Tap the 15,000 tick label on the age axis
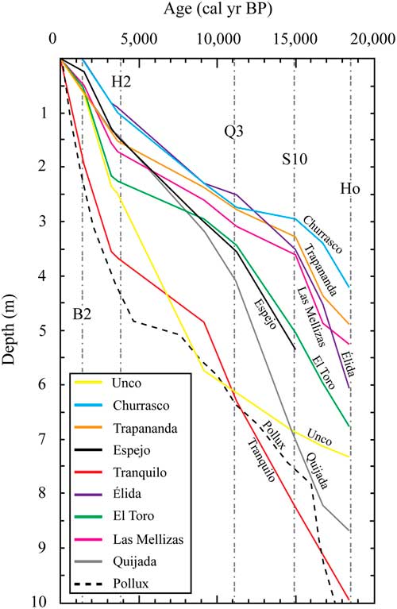click(294, 39)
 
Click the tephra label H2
click(121, 80)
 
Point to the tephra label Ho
click(350, 189)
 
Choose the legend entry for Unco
click(126, 384)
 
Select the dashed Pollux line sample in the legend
click(92, 584)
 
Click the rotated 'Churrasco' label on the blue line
click(322, 234)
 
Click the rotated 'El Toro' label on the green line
click(322, 372)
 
